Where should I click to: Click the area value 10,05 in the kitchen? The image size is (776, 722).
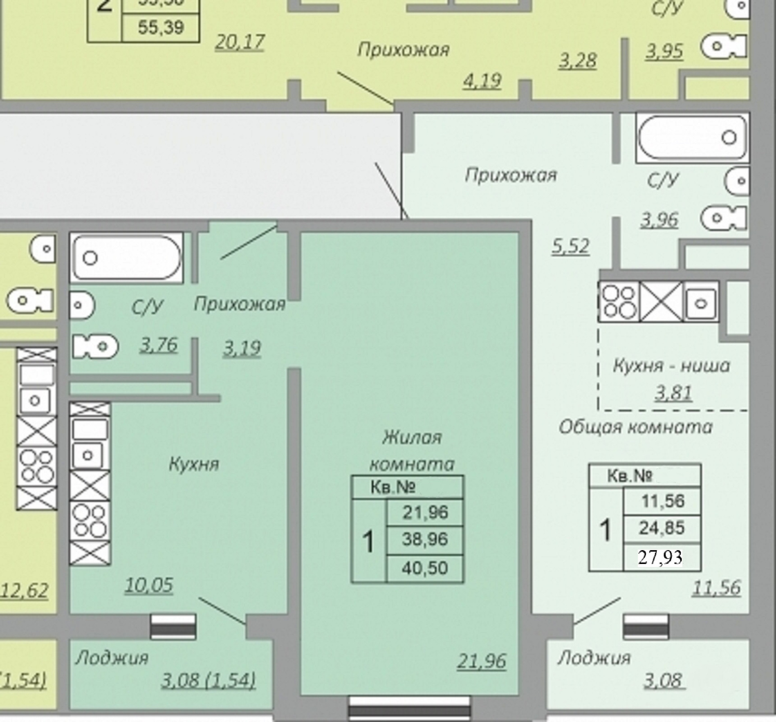149,585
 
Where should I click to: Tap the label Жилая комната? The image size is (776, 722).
412,451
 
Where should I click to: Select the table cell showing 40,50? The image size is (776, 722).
424,568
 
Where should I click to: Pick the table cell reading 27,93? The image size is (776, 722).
660,557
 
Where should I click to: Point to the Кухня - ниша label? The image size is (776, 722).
671,366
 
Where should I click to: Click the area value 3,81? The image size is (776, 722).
673,393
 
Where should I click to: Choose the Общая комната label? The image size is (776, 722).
635,427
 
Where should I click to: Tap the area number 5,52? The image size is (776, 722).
571,246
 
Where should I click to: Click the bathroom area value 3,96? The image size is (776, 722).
659,220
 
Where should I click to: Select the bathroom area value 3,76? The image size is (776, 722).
158,345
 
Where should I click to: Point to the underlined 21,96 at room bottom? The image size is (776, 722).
481,661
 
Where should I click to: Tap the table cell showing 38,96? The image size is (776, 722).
424,539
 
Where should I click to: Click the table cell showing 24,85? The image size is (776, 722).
662,528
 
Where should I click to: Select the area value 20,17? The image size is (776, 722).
240,42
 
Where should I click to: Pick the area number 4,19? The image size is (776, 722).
482,81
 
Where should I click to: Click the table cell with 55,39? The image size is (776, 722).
161,27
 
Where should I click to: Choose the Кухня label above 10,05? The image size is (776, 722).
194,464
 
